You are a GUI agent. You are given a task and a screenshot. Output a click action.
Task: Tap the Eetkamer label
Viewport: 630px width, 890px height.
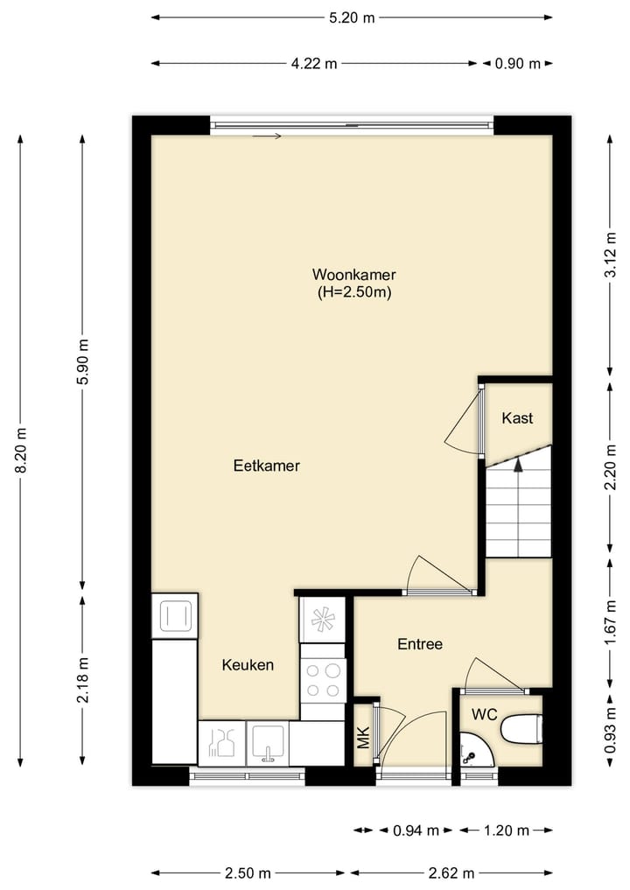tap(266, 466)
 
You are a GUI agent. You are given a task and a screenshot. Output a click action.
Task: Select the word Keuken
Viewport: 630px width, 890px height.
tap(247, 665)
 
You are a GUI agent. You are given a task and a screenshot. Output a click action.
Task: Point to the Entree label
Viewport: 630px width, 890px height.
tap(420, 644)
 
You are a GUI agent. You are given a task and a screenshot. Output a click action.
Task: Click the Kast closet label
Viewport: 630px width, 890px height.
tap(516, 418)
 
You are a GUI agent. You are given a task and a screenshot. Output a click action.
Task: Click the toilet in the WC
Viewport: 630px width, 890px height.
tap(522, 728)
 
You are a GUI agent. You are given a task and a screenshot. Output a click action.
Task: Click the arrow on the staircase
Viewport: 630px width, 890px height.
tap(518, 466)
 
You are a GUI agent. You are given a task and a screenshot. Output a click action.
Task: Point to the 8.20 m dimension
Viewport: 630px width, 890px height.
tap(20, 450)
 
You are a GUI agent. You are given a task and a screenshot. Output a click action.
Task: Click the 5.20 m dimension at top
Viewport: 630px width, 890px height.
tap(352, 17)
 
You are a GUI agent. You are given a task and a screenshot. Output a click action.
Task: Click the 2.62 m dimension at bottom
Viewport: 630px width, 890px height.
tap(451, 872)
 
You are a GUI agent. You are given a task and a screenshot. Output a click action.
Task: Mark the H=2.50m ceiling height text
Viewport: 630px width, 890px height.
tap(353, 292)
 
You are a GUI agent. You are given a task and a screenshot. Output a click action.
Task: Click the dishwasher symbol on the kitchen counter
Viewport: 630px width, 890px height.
tap(221, 743)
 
